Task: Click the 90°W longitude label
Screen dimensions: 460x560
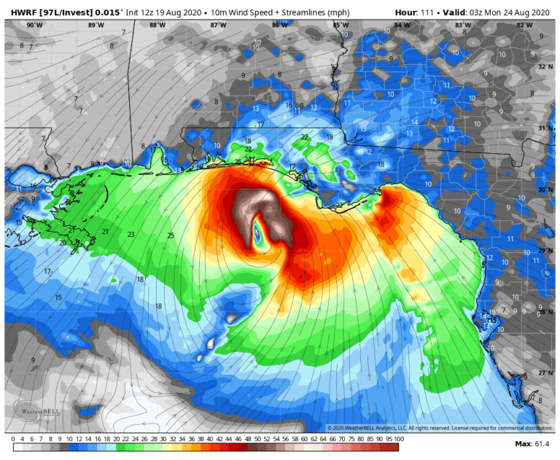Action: click(x=33, y=25)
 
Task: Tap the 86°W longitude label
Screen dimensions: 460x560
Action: click(x=279, y=25)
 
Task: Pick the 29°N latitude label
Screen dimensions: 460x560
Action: click(x=545, y=251)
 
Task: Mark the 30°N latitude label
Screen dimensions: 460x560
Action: click(x=545, y=190)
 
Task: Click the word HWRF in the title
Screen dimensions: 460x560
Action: click(x=18, y=12)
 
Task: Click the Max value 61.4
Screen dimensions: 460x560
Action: click(x=541, y=443)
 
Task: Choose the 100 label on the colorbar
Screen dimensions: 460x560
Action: click(x=399, y=440)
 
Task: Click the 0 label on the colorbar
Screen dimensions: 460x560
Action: click(x=14, y=440)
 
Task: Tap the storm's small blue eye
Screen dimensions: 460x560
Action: click(x=257, y=234)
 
